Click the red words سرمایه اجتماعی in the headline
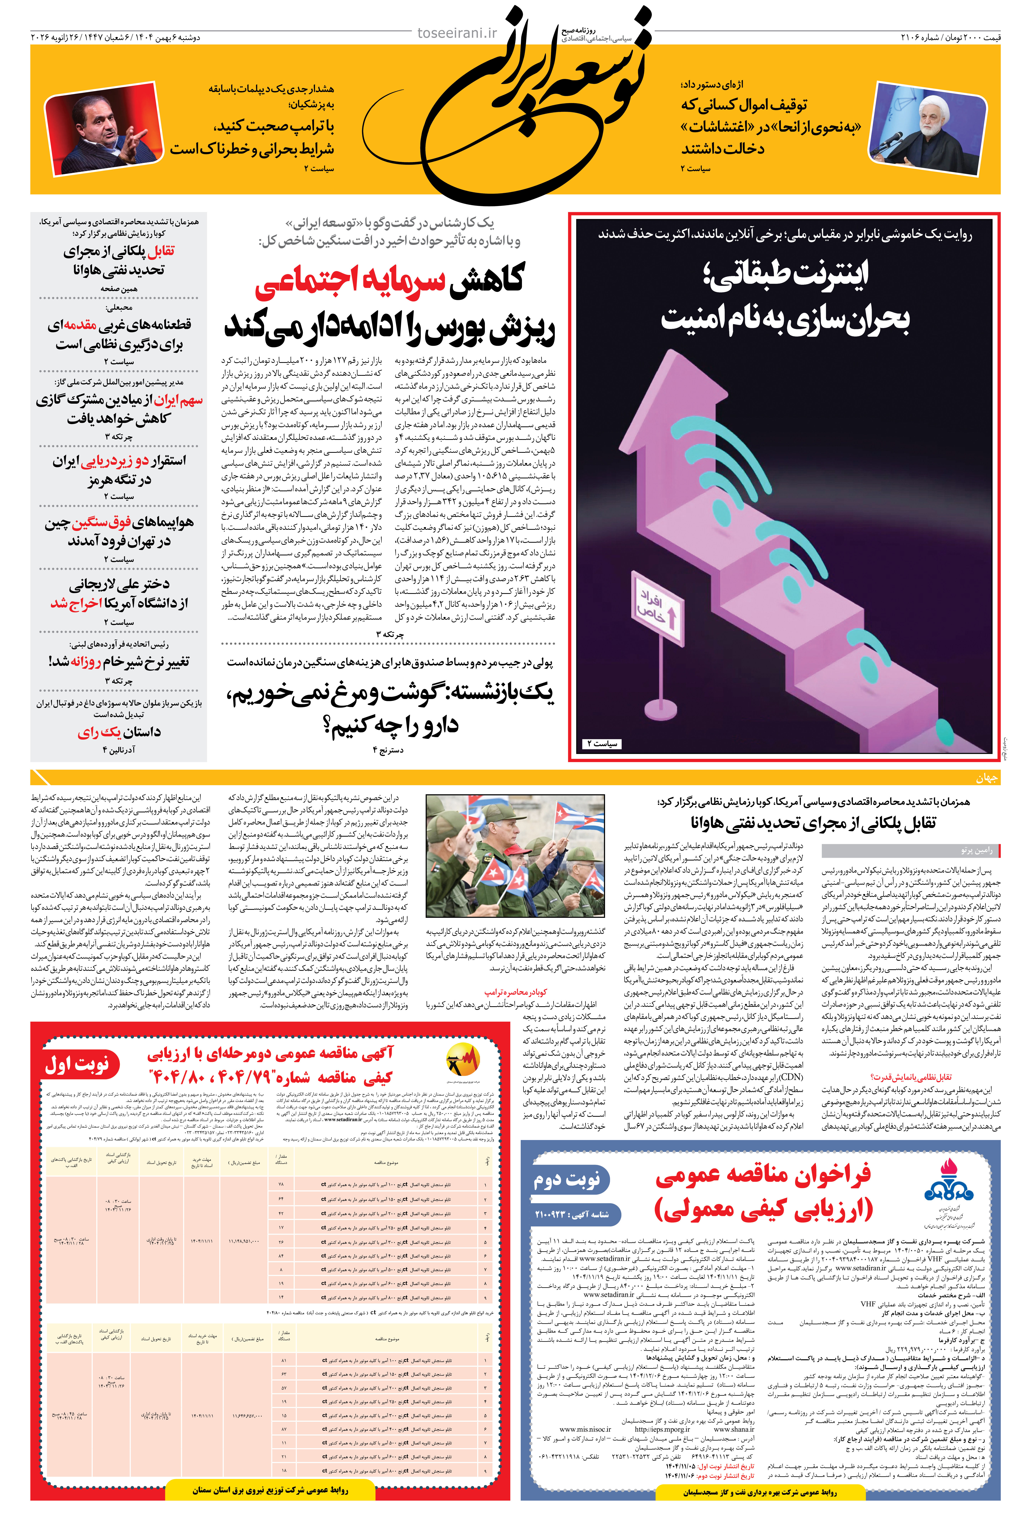click(349, 279)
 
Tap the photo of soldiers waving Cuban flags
click(515, 855)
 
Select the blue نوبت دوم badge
click(567, 1179)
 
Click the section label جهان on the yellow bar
click(986, 778)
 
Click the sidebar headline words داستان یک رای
click(118, 732)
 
